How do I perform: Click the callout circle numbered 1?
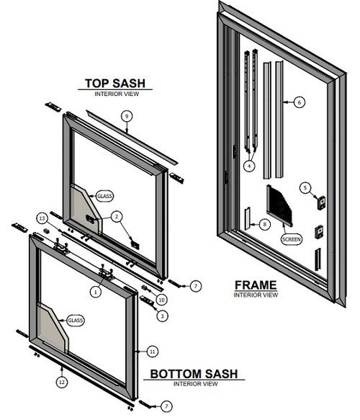[x=94, y=292]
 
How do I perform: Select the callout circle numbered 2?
[x=117, y=216]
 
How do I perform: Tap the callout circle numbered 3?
[x=163, y=316]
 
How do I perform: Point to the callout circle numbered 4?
[x=250, y=166]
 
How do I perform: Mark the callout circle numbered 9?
[x=126, y=116]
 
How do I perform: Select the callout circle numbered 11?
[x=152, y=351]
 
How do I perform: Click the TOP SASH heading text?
[x=116, y=83]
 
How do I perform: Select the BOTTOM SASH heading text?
[x=194, y=375]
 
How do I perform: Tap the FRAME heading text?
[x=256, y=285]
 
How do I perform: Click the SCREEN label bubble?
[x=292, y=238]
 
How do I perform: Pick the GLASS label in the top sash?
[x=105, y=195]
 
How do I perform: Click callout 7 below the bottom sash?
[x=166, y=407]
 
